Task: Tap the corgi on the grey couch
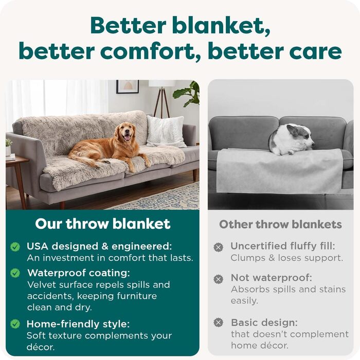[291, 139]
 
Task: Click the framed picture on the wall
[127, 86]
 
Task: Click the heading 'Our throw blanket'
[103, 224]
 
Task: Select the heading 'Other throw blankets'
[280, 224]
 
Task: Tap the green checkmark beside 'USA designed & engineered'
[15, 247]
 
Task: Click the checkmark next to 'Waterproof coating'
[15, 273]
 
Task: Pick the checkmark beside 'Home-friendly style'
[15, 324]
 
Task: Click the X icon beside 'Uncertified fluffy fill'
[219, 247]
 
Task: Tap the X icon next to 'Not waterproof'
[219, 279]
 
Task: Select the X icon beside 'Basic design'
[219, 323]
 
